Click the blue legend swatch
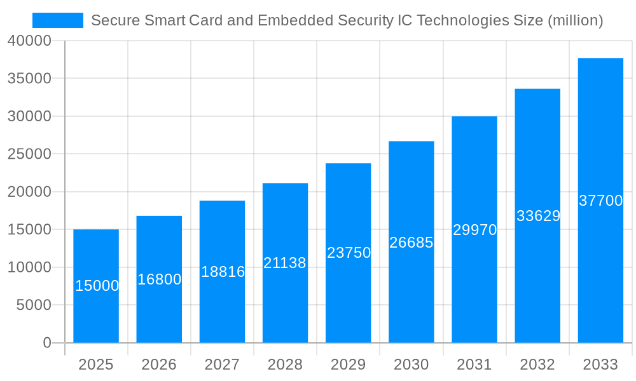pyautogui.click(x=58, y=20)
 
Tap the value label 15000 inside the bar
pyautogui.click(x=97, y=286)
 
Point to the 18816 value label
pyautogui.click(x=223, y=272)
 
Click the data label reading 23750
pyautogui.click(x=349, y=253)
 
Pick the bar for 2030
pyautogui.click(x=411, y=292)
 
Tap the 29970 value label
pyautogui.click(x=474, y=230)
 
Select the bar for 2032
pyautogui.click(x=537, y=279)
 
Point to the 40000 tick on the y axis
pyautogui.click(x=29, y=41)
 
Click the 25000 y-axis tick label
pyautogui.click(x=29, y=154)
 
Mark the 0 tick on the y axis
pyautogui.click(x=47, y=343)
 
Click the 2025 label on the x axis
pyautogui.click(x=96, y=364)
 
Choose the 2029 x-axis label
pyautogui.click(x=349, y=364)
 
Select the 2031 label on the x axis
pyautogui.click(x=474, y=364)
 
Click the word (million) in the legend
pyautogui.click(x=575, y=20)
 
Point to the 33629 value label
pyautogui.click(x=538, y=216)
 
